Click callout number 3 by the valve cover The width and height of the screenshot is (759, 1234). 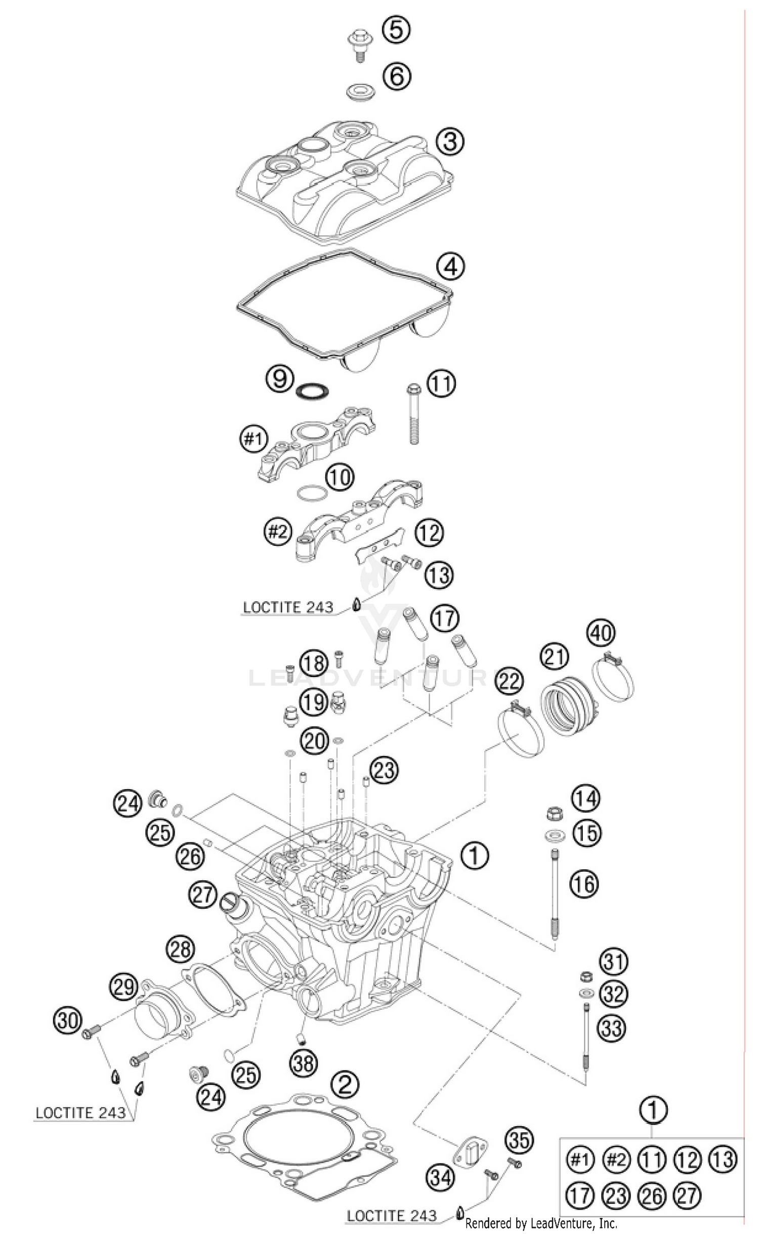(x=449, y=142)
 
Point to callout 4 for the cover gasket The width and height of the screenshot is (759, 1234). (x=450, y=266)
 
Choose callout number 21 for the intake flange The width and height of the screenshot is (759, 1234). (x=555, y=657)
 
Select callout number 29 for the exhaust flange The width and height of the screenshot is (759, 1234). (x=124, y=987)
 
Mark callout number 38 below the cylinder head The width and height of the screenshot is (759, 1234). (x=304, y=1062)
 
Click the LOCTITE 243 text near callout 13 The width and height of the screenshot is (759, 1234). (x=288, y=607)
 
